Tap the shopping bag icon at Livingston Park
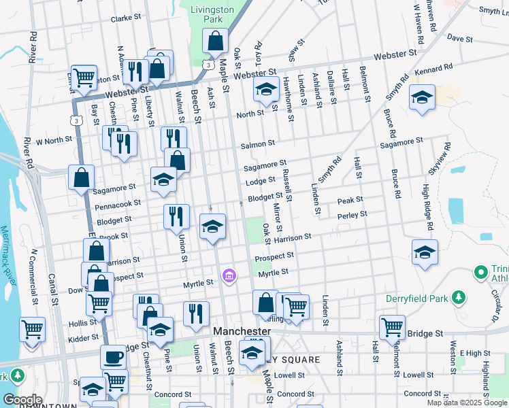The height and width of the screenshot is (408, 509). coord(215,42)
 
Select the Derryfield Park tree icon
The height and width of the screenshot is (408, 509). coord(460,296)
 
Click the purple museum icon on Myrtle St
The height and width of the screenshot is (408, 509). coord(229,275)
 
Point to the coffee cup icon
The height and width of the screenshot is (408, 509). coord(113,356)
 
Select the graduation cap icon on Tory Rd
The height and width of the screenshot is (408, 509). coord(265,88)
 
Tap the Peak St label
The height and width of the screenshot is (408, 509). coord(350,201)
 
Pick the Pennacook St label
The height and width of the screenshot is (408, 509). coord(118,203)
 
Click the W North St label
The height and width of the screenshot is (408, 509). coord(54,141)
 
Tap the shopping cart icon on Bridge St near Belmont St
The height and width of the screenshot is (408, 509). coord(393,327)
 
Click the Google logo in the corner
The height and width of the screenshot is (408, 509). coord(22,400)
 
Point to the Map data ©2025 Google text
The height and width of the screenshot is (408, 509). coord(467,403)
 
